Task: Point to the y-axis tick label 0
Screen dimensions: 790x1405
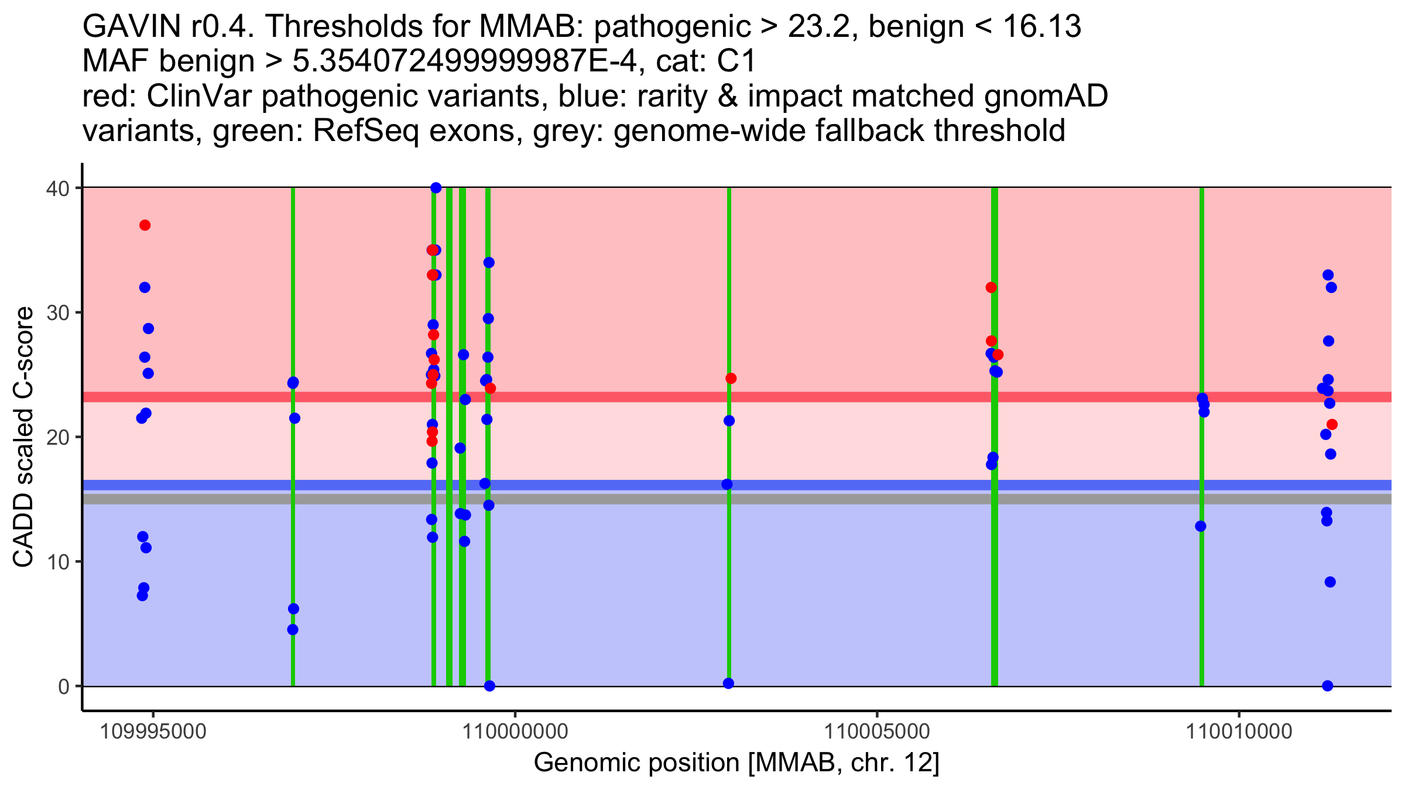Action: click(x=63, y=686)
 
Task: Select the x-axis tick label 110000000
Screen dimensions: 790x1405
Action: click(x=515, y=731)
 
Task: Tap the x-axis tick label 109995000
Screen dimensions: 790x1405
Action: click(x=153, y=731)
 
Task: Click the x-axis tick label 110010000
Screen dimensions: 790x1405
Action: click(x=1239, y=731)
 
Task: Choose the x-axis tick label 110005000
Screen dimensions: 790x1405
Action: click(x=877, y=731)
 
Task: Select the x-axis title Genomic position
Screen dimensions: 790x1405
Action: click(x=736, y=763)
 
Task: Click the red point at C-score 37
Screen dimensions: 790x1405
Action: click(x=145, y=225)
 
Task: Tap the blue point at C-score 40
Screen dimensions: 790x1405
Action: click(x=436, y=188)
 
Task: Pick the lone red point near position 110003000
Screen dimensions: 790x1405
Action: click(x=731, y=379)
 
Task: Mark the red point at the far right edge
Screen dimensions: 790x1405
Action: click(x=1332, y=424)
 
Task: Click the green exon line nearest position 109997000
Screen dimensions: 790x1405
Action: click(x=293, y=527)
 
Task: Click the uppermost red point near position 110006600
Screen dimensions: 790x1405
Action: click(x=991, y=287)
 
